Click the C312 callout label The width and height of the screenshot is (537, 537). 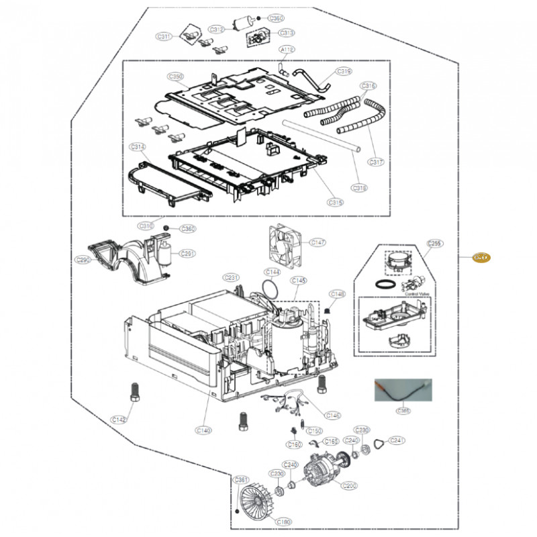(x=216, y=30)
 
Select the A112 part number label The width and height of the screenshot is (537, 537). (x=287, y=50)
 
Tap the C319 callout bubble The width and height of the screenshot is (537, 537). (x=344, y=70)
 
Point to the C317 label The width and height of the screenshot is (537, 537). (x=376, y=162)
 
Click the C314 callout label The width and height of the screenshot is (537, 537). (x=138, y=146)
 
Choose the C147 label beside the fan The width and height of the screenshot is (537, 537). (x=317, y=242)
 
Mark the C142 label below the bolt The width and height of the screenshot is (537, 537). (x=119, y=420)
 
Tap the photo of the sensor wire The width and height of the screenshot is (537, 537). (x=403, y=391)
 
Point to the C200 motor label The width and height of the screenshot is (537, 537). (x=350, y=485)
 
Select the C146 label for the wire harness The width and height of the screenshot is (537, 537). (x=333, y=416)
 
